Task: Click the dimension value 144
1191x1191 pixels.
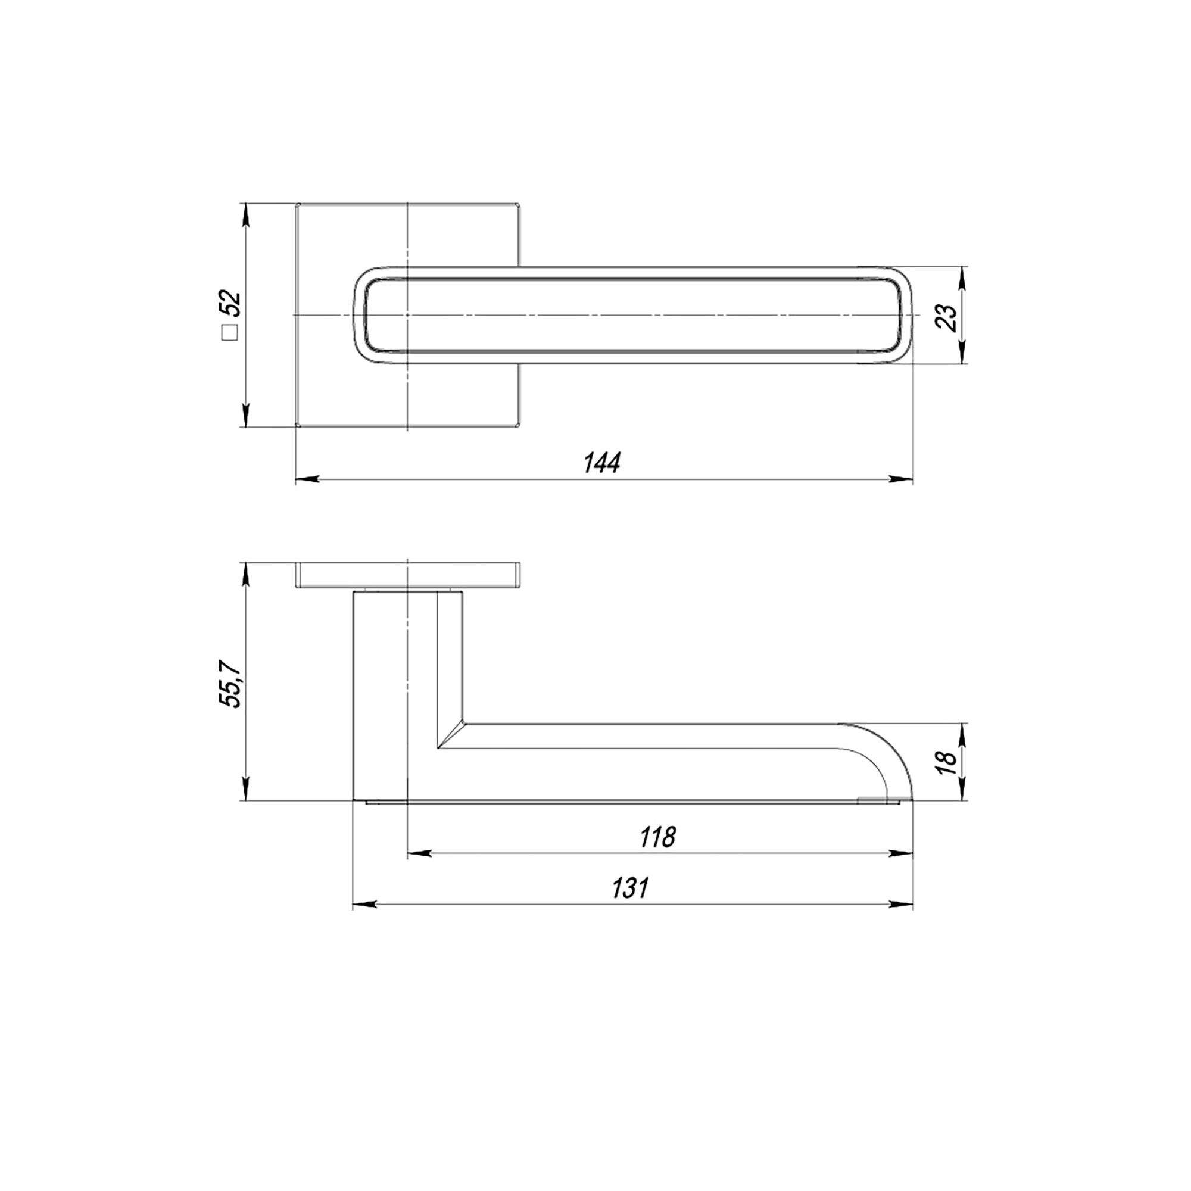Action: click(601, 462)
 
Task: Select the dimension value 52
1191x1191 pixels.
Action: click(233, 304)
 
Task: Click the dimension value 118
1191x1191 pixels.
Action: click(657, 837)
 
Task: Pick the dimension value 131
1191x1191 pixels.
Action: click(630, 888)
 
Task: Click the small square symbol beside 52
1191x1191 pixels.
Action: click(230, 333)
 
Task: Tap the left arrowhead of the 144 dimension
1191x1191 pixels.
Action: click(308, 478)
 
